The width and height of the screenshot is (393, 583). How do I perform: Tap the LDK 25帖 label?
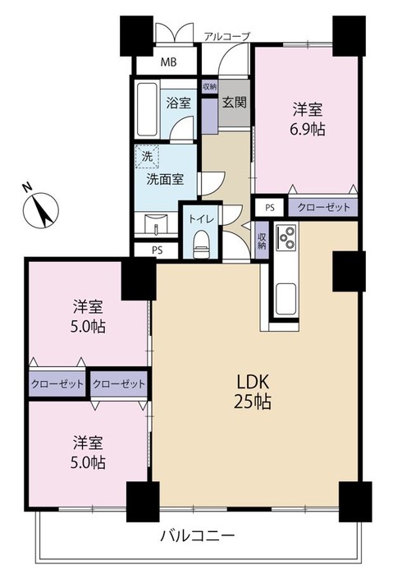(254, 392)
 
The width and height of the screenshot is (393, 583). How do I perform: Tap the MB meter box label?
(167, 62)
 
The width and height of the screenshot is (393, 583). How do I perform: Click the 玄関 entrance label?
(235, 103)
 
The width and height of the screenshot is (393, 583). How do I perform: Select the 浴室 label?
(178, 103)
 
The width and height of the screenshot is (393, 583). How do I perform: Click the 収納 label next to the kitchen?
(261, 240)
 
